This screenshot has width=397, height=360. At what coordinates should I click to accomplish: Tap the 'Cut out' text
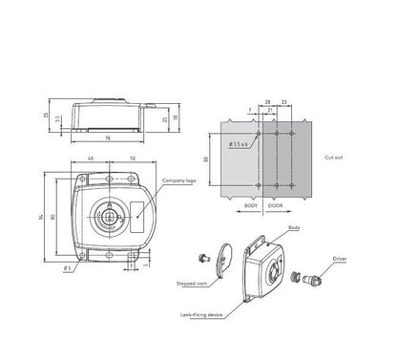tap(334, 156)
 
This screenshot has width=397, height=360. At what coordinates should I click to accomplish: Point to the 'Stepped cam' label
tap(193, 283)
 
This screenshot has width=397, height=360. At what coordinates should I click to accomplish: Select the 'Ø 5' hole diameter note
tap(68, 270)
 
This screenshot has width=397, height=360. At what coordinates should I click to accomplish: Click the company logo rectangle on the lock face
tap(136, 213)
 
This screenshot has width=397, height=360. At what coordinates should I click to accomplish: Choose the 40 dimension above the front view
tap(90, 159)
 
